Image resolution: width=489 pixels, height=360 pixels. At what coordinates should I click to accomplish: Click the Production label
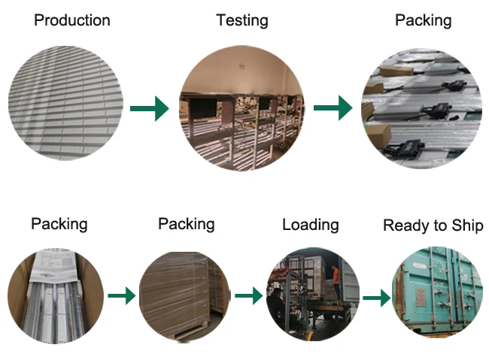pos(72,20)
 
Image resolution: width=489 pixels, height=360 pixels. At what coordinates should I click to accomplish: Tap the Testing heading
pos(242,20)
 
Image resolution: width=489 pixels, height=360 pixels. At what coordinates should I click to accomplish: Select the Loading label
pos(310,225)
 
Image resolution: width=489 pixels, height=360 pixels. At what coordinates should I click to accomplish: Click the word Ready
pos(405,225)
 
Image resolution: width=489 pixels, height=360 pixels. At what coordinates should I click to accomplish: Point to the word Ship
pos(466,225)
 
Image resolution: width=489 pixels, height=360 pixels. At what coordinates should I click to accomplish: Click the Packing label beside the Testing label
pos(423,20)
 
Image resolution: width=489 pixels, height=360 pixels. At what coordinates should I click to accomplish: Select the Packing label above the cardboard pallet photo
pos(186,224)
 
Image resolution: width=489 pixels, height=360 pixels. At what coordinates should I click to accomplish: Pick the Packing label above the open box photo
pos(59,224)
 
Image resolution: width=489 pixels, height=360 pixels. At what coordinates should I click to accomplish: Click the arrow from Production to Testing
pos(149,109)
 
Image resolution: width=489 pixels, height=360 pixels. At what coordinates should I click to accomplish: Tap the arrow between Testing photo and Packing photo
pos(333,109)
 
